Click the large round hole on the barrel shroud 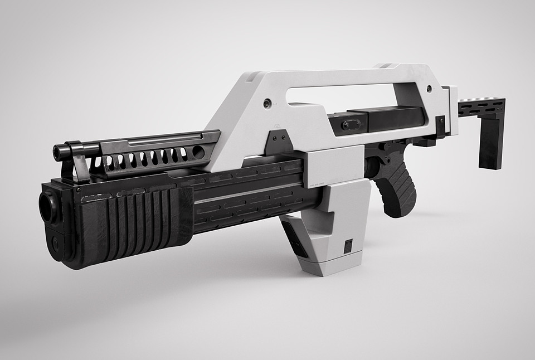coord(198,152)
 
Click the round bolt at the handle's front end coord(267,103)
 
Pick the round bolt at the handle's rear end coord(429,89)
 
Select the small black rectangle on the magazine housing coord(348,246)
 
